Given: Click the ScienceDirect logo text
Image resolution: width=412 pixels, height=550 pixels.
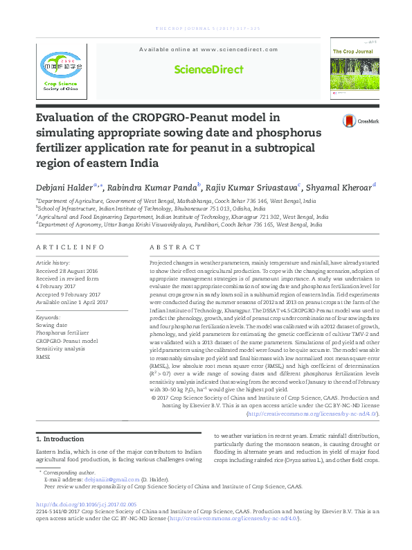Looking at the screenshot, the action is (x=208, y=70).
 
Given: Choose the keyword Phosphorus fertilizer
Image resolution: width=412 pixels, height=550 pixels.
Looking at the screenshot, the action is (x=63, y=332).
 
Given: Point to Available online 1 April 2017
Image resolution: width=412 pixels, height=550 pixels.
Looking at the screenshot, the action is (x=72, y=302).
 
